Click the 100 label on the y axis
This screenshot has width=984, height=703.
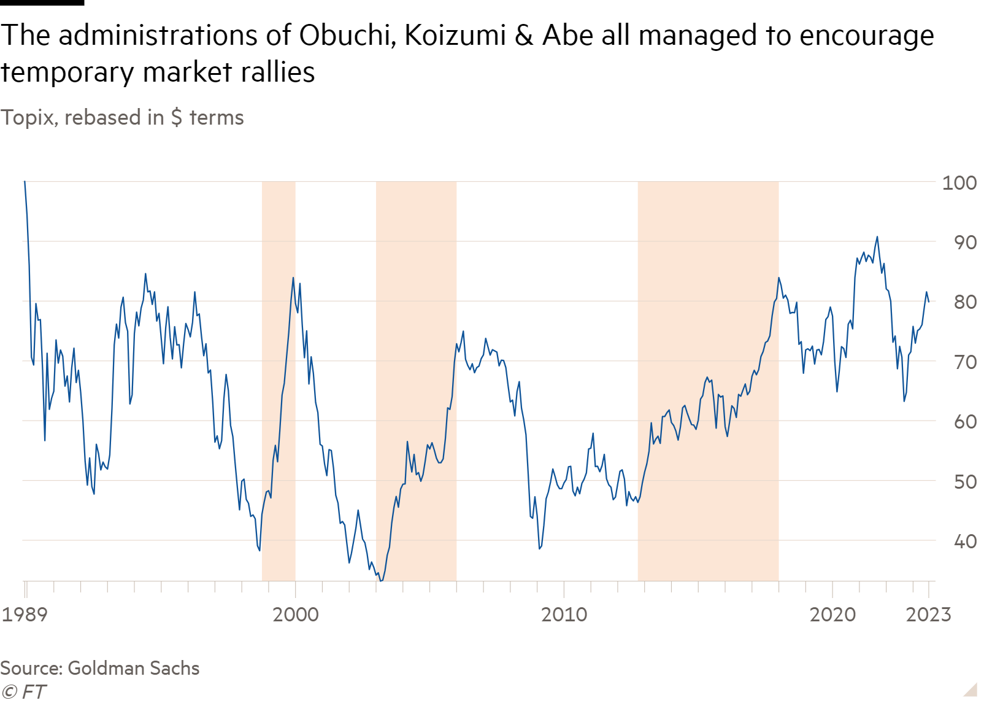[x=959, y=183]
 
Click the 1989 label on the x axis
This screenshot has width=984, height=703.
[x=25, y=614]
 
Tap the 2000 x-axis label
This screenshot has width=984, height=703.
[x=296, y=614]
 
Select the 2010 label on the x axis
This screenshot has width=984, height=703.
[x=564, y=614]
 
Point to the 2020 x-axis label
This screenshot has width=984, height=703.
[x=832, y=614]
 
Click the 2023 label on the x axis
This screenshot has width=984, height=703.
[x=928, y=614]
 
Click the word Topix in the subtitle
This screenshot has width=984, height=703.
[x=28, y=117]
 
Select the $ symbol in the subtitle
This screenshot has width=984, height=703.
[x=177, y=117]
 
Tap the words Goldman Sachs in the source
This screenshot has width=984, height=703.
[x=134, y=668]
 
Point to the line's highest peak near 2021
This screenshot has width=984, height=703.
[x=877, y=237]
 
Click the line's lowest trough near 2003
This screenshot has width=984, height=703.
[x=381, y=580]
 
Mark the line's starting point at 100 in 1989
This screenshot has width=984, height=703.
[x=25, y=182]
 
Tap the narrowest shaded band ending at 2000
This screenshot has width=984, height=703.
[x=279, y=381]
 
